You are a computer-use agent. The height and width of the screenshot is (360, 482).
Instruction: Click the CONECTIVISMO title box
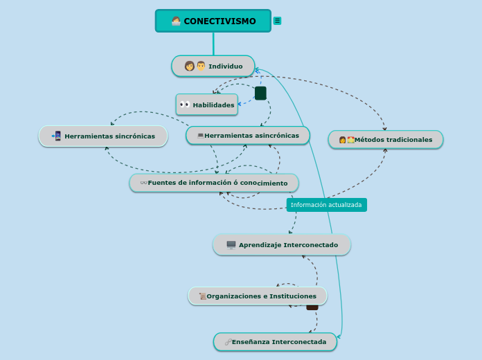click(x=213, y=21)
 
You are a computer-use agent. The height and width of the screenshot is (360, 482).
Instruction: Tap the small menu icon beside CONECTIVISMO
click(x=277, y=21)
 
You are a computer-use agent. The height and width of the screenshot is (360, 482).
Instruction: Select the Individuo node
click(x=213, y=66)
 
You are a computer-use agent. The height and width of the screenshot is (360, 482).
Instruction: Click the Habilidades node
click(x=207, y=105)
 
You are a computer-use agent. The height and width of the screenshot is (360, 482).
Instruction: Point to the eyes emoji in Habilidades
click(x=184, y=105)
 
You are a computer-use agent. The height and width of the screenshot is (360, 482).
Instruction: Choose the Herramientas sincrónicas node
click(x=103, y=136)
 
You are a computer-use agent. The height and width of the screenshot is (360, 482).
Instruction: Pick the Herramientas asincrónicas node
click(x=248, y=136)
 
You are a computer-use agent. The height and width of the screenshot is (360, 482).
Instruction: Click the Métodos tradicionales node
click(x=386, y=140)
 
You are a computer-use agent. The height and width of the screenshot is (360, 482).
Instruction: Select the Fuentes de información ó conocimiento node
click(x=214, y=183)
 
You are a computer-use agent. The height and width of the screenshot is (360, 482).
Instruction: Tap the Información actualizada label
click(x=326, y=205)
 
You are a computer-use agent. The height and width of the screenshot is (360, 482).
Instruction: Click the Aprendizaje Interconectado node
click(x=282, y=245)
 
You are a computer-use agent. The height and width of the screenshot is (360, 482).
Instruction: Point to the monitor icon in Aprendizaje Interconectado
click(x=231, y=245)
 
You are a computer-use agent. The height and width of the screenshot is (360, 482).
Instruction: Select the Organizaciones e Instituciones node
click(x=258, y=296)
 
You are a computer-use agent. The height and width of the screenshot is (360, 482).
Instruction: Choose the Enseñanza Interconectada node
click(x=275, y=342)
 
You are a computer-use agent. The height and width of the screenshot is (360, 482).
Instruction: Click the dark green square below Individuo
click(x=260, y=93)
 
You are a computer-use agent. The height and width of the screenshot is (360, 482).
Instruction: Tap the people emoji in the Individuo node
click(x=195, y=66)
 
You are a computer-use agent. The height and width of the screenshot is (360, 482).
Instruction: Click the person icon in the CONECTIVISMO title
click(x=176, y=21)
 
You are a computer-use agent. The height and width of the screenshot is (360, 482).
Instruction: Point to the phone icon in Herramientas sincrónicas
click(x=57, y=136)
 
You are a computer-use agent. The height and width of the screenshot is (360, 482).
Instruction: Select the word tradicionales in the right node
click(x=409, y=140)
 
